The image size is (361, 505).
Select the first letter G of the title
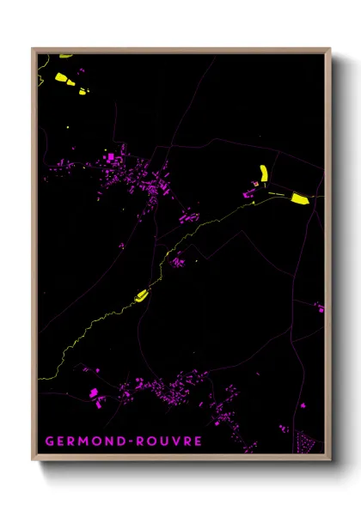tap(49, 441)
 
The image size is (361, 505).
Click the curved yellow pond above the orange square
tap(264, 172)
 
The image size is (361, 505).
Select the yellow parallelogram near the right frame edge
tap(299, 198)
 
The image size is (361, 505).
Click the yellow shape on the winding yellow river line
tap(141, 296)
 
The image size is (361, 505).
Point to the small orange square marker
tap(255, 183)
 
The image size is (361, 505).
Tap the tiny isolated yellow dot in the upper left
tap(67, 129)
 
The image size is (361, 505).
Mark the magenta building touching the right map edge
tap(320, 307)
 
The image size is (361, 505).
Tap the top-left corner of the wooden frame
tap(34, 50)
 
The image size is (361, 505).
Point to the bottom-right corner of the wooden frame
tap(329, 459)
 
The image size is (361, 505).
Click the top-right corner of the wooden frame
tap(329, 50)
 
